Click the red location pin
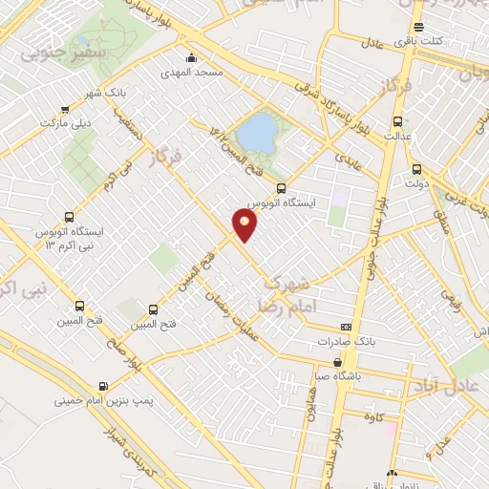tap(245, 225)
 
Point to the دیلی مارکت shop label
tap(64, 123)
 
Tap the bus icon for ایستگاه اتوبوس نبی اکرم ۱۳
tap(67, 217)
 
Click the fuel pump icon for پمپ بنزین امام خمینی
tap(102, 386)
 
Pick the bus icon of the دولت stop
tap(415, 169)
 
